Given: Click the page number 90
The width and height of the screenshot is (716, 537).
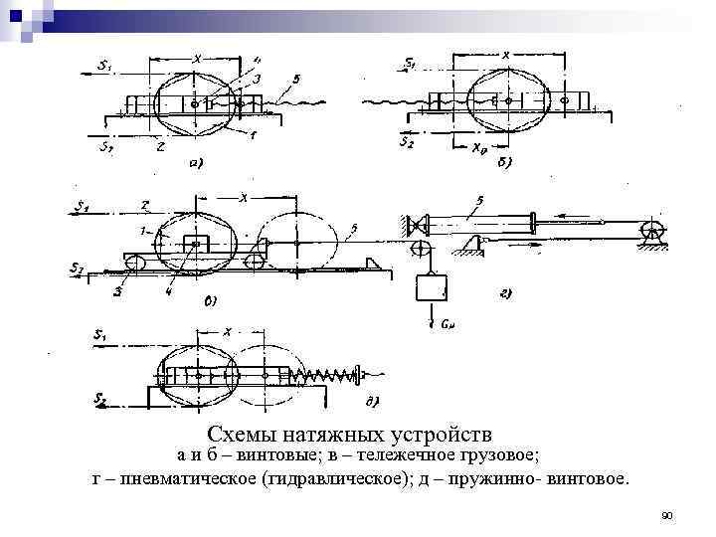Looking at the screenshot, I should pyautogui.click(x=667, y=515).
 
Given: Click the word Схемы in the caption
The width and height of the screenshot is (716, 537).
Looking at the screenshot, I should pyautogui.click(x=240, y=435).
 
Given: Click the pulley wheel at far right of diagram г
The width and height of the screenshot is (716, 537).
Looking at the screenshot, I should pyautogui.click(x=651, y=231).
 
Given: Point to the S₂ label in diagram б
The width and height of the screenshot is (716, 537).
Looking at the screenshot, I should pyautogui.click(x=407, y=142).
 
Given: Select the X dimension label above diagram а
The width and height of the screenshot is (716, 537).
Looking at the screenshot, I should pyautogui.click(x=196, y=59).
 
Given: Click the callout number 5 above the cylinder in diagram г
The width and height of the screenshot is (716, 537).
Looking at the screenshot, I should pyautogui.click(x=479, y=202).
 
